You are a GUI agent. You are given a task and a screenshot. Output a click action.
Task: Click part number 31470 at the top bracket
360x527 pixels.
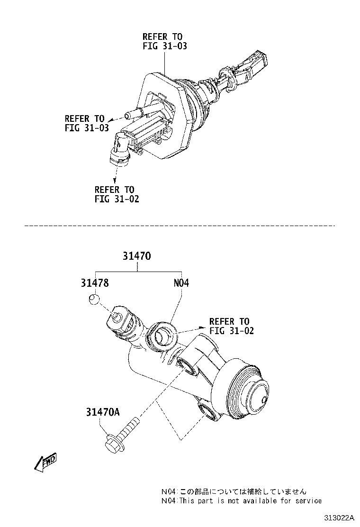[x=136, y=256]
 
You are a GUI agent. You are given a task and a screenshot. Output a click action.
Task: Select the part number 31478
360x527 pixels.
[x=95, y=283]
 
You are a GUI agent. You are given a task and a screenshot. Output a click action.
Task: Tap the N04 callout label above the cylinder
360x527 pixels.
[x=181, y=283]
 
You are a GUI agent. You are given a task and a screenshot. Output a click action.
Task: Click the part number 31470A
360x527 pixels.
[x=102, y=412]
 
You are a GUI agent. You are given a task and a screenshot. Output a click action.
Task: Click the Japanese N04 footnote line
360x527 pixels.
[x=234, y=491]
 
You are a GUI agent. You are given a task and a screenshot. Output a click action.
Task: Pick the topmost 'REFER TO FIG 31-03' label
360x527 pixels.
[x=162, y=41]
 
